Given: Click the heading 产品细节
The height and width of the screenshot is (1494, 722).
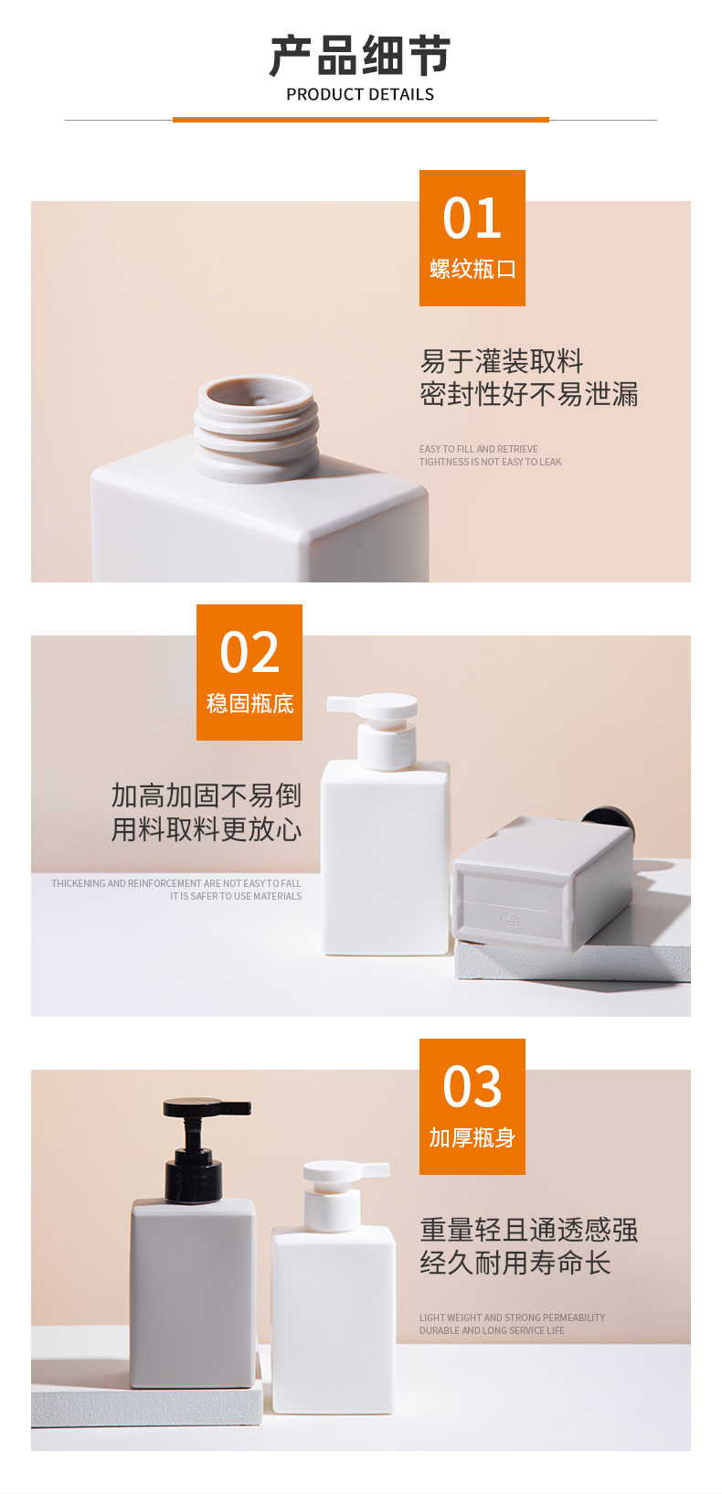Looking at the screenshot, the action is coord(360,56).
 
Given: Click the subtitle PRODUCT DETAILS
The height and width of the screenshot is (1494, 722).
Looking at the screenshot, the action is coord(360,95).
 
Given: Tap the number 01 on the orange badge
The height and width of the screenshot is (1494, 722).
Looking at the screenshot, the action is coord(472,219).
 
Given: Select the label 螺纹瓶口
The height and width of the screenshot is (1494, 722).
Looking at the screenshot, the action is coord(472,269).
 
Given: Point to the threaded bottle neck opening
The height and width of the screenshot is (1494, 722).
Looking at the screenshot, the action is coord(257,427).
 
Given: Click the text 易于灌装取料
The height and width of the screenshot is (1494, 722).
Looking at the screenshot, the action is coord(502,361).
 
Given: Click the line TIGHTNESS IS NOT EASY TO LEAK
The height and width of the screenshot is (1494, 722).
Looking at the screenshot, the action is coord(490,462).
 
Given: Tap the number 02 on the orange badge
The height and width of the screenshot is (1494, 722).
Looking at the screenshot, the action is coord(250,652).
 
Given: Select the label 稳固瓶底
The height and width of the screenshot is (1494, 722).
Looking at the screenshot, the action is coord(250,704).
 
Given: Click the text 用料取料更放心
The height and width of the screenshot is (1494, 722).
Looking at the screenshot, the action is coord(206,829).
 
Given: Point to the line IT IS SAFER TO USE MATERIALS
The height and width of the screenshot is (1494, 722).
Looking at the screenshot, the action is coord(236,896).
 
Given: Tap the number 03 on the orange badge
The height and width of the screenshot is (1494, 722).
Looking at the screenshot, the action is coord(472,1086).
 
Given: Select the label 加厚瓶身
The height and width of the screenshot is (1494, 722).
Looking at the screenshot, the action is coord(472,1137).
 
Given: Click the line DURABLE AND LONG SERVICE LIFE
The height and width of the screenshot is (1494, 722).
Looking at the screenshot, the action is coord(492,1330).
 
